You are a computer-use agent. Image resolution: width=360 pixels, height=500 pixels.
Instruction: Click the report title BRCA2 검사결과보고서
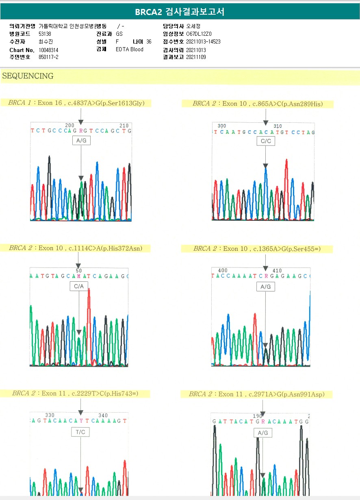[x=180, y=12]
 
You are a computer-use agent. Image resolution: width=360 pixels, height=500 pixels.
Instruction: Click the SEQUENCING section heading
[x=28, y=76]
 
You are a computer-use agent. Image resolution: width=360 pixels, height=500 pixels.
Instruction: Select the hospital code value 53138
[x=45, y=34]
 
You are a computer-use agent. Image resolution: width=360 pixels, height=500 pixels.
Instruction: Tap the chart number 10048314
[x=48, y=50]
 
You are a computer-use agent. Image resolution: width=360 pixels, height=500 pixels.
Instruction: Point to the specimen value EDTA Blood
[x=129, y=50]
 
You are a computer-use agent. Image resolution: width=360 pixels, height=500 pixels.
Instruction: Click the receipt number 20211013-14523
[x=203, y=42]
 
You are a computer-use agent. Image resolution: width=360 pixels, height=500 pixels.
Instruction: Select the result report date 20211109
[x=196, y=57]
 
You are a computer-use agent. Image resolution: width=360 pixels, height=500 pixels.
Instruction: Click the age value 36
[x=149, y=42]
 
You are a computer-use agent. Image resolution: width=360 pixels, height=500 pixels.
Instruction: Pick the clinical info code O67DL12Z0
[x=199, y=34]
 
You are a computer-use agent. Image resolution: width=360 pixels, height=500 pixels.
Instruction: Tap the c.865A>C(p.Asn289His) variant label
[x=288, y=104]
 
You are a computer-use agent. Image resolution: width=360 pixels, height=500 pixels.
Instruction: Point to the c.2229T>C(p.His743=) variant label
[x=105, y=393]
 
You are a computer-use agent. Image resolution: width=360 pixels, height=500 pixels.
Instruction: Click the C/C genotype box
[x=266, y=141]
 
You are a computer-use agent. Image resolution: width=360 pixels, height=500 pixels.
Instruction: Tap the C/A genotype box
[x=79, y=287]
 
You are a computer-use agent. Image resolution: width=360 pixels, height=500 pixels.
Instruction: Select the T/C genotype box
[x=80, y=432]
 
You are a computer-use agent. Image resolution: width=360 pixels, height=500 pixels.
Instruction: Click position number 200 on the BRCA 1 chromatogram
[x=70, y=125]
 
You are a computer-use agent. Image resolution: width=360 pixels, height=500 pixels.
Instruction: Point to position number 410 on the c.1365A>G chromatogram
[x=277, y=271]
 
